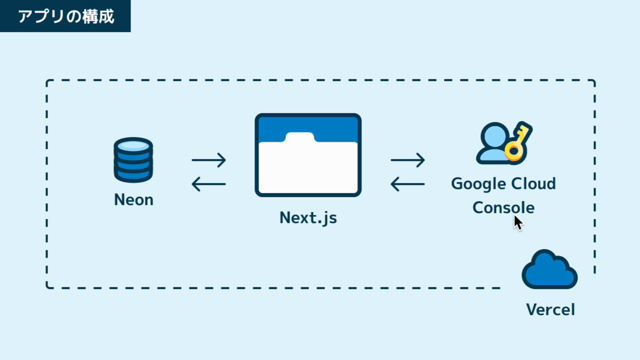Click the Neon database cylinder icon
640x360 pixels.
[x=133, y=160]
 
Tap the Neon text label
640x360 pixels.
[x=133, y=200]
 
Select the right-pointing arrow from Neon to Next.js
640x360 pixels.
[x=209, y=160]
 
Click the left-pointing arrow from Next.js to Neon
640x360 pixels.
[x=209, y=184]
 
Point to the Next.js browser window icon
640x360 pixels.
[x=308, y=155]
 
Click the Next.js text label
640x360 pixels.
[x=308, y=218]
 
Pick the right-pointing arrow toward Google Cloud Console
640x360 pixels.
[x=407, y=160]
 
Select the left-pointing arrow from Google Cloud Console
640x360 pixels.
[x=407, y=184]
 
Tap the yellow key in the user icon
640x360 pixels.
[x=518, y=141]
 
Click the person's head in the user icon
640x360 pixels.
[x=495, y=136]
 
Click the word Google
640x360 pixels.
[x=476, y=184]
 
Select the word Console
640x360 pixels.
[x=503, y=207]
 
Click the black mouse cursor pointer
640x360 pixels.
[x=518, y=223]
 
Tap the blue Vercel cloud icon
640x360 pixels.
[x=549, y=269]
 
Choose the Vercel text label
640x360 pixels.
[x=550, y=309]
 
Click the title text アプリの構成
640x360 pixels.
[x=66, y=16]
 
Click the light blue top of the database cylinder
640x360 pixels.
[x=133, y=146]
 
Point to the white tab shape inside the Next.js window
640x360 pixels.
[x=300, y=138]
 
